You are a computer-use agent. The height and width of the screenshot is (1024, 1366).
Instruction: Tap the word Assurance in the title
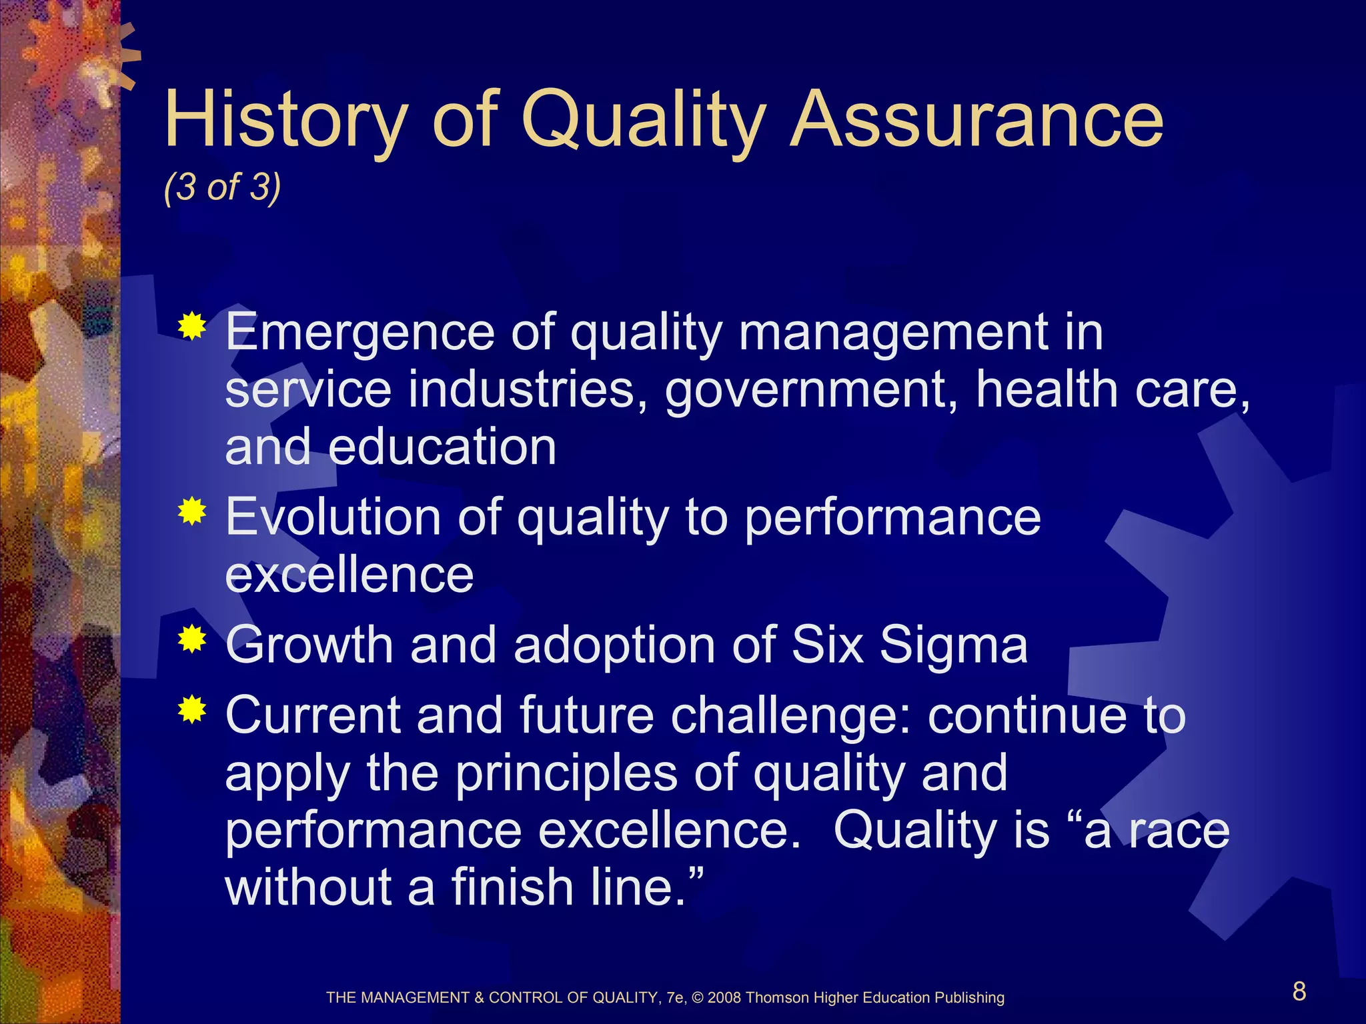[976, 120]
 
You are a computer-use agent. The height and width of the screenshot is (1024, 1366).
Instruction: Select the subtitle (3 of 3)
[222, 187]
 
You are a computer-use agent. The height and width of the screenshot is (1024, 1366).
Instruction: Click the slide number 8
[1299, 991]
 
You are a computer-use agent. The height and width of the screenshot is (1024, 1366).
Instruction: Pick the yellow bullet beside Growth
[192, 639]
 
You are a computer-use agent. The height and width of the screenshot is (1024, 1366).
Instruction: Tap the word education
[442, 447]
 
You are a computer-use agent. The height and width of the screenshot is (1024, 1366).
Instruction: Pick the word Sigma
[954, 645]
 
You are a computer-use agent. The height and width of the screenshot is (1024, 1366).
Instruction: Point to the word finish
[513, 888]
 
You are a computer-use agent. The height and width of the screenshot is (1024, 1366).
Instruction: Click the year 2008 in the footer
[724, 998]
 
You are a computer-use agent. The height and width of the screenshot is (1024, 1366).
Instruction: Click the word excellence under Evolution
[350, 575]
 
